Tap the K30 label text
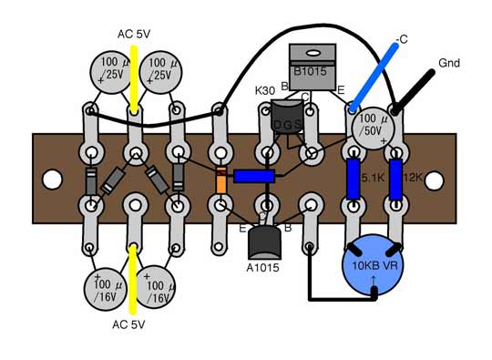coord(266,92)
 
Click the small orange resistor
coord(221,180)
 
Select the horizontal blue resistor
coord(254,176)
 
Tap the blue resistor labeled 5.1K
coord(354,180)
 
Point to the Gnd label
coord(450,64)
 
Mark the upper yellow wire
coord(135,77)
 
